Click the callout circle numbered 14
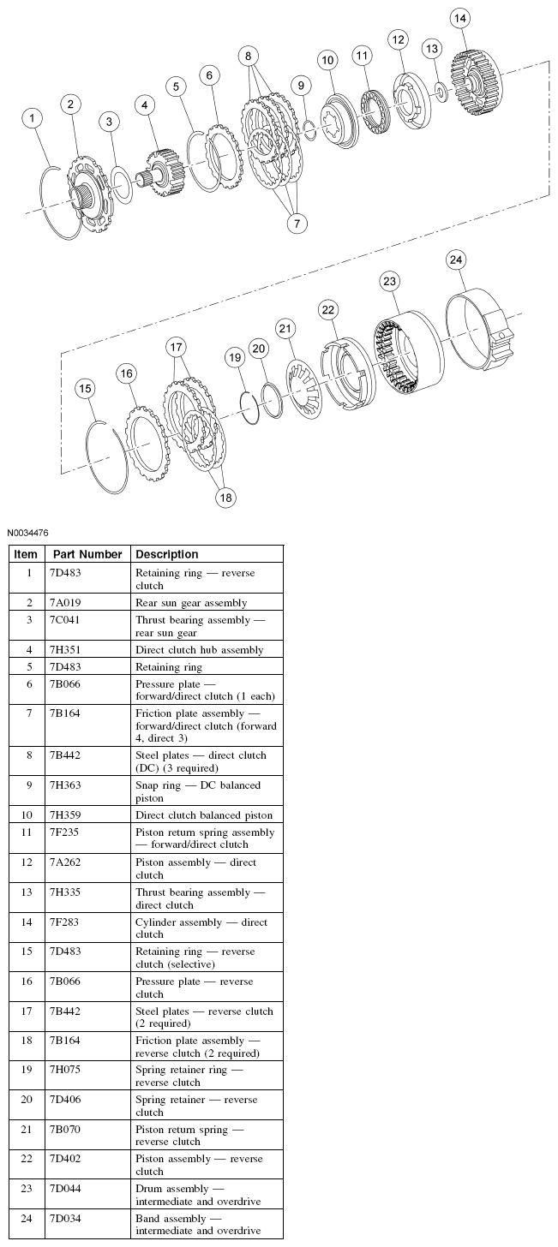461,18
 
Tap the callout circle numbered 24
457,260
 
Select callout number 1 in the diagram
33,117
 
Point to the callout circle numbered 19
235,356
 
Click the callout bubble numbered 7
297,224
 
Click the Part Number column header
88,554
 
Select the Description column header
167,554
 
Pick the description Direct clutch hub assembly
200,650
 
